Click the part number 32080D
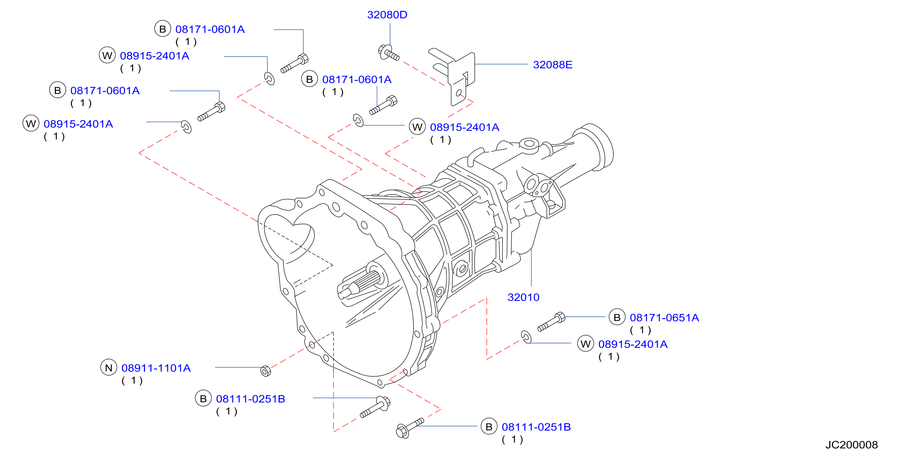(387, 15)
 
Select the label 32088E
(553, 65)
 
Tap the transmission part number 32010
(523, 297)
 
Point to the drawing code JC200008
(851, 445)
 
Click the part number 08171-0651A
(664, 317)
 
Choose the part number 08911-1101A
(156, 368)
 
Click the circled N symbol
(109, 368)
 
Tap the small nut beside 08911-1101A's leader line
(266, 371)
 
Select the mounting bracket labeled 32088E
(454, 76)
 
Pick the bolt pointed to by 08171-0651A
(551, 322)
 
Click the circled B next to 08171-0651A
(617, 317)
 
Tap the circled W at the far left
(31, 124)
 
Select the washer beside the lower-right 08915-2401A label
(526, 337)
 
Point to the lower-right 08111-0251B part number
(536, 427)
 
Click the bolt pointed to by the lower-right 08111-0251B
(410, 428)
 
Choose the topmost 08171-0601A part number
(210, 29)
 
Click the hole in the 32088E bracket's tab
(459, 93)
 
